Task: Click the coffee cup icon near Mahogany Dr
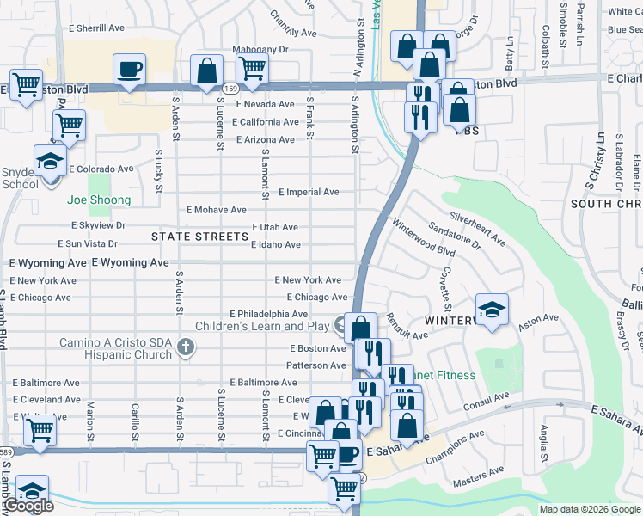coord(129,69)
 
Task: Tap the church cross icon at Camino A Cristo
coord(184,347)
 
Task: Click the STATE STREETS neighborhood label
coord(199,236)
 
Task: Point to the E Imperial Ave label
coord(309,192)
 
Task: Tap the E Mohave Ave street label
coord(217,210)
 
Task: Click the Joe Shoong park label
coord(100,200)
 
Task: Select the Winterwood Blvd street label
coord(423,238)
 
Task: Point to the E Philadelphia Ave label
coord(268,314)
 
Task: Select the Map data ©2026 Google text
coord(589,509)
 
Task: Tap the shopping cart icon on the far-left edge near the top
coord(27,85)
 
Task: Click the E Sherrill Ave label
coord(95,28)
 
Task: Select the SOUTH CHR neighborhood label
coord(607,204)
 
